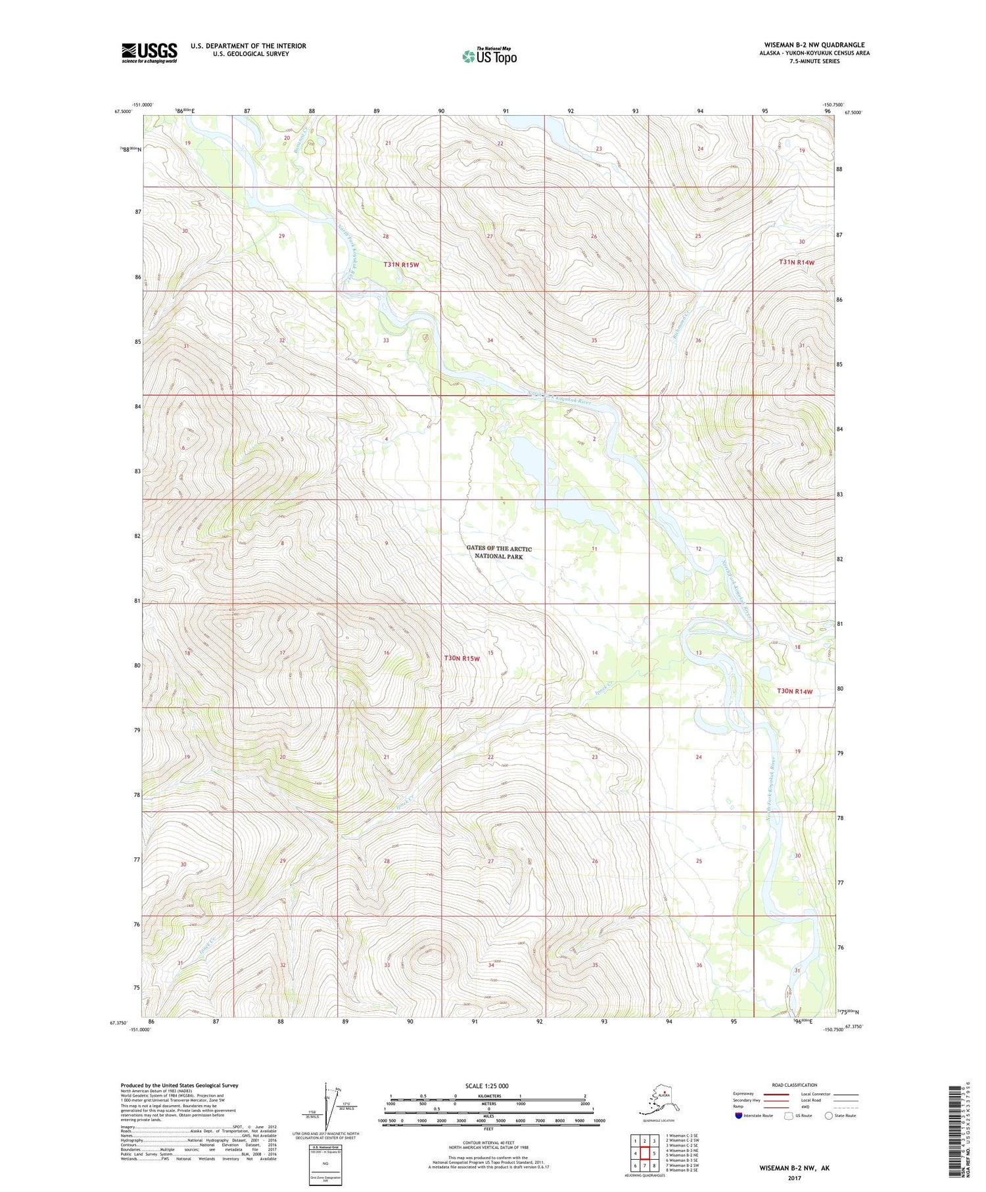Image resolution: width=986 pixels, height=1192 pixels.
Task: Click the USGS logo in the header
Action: (149, 53)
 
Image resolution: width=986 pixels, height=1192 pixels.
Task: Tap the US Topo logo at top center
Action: (489, 55)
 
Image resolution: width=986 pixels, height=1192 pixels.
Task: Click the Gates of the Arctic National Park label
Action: (499, 552)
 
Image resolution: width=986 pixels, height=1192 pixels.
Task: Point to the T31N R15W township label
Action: (401, 264)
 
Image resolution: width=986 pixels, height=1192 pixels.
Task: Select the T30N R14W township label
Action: (795, 691)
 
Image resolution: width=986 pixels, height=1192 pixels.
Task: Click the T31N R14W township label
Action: (797, 262)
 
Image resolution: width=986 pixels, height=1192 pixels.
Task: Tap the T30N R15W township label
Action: (462, 657)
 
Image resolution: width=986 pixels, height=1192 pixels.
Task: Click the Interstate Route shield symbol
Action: (738, 1115)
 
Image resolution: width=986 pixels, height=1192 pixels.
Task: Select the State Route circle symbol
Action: (828, 1115)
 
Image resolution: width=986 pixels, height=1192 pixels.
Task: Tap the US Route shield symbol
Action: (789, 1116)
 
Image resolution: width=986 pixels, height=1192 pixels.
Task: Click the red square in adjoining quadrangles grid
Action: (645, 1153)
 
